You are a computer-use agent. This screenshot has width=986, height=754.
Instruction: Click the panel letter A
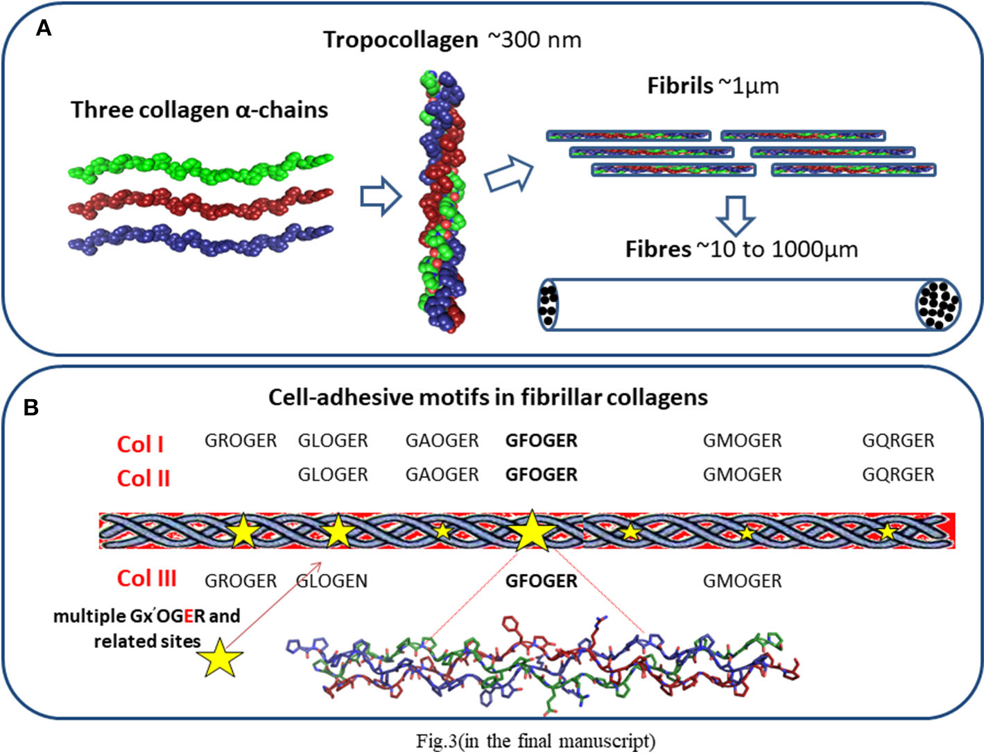(x=43, y=28)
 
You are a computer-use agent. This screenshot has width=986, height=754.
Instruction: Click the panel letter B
(x=31, y=407)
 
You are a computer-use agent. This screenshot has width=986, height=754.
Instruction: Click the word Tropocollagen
(x=401, y=40)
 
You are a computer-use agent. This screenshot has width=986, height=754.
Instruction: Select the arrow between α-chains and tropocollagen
(x=381, y=196)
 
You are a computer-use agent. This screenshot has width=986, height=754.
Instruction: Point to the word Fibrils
(x=680, y=86)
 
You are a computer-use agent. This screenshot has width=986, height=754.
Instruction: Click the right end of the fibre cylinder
(x=938, y=304)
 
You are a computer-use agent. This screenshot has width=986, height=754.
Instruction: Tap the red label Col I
(x=140, y=444)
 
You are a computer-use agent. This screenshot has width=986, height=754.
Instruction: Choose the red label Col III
(x=146, y=578)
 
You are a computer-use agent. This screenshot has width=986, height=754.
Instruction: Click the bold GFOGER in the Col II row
(x=541, y=475)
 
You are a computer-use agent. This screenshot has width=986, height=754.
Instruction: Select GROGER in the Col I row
(x=240, y=441)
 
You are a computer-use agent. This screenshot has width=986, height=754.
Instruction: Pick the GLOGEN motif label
(x=332, y=581)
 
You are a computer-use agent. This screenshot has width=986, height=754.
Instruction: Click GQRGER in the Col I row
(x=898, y=441)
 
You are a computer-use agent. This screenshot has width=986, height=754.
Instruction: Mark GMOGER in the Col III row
(x=742, y=581)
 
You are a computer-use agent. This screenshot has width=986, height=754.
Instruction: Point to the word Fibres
(x=658, y=249)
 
